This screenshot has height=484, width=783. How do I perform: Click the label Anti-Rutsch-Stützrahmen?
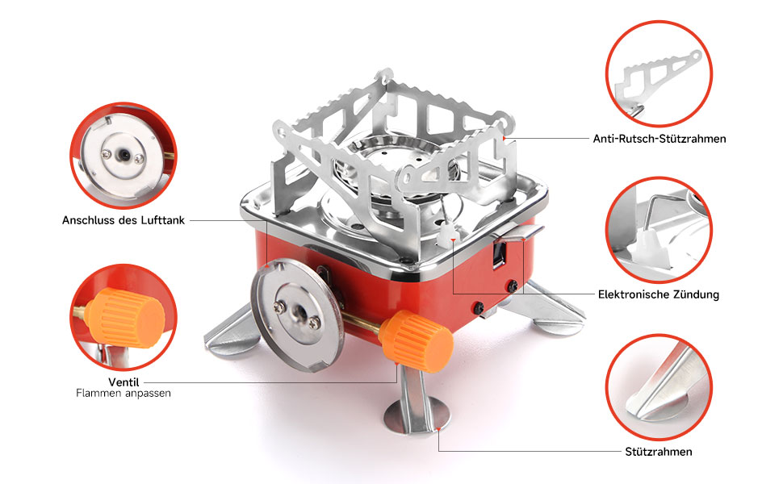pos(659,139)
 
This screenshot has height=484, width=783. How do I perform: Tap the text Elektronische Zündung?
pos(658,294)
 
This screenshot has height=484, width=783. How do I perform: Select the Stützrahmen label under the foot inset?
pos(658,452)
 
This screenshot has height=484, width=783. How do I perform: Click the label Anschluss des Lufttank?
pos(124,220)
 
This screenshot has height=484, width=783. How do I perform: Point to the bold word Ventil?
pos(124,382)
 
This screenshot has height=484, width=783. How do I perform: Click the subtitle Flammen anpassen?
pos(124,393)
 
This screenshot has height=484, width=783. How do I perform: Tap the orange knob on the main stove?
pos(416,341)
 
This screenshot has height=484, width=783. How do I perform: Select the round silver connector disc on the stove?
pos(298,315)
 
